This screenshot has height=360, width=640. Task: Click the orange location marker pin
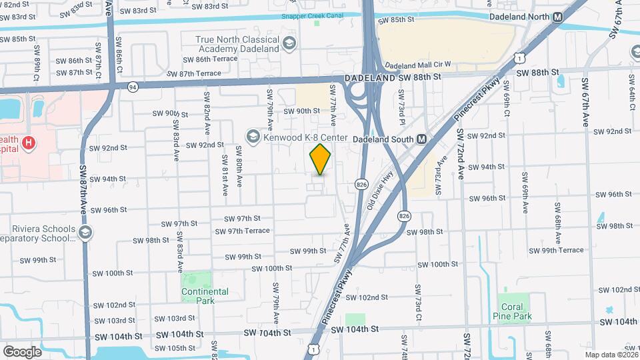click(x=321, y=159)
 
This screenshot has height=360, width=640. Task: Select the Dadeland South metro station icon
click(x=421, y=139)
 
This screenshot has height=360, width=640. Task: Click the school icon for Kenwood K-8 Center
click(x=253, y=137)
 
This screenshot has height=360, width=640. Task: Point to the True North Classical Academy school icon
click(x=289, y=44)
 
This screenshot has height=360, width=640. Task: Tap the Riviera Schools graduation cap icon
click(x=85, y=232)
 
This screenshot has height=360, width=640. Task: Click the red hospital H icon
click(x=28, y=143)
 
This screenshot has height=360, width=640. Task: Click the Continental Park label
click(x=205, y=295)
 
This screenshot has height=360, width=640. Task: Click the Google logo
click(x=22, y=351)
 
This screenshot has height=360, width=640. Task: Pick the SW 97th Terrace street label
click(x=242, y=231)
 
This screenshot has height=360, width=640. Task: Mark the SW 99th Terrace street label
click(x=557, y=250)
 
